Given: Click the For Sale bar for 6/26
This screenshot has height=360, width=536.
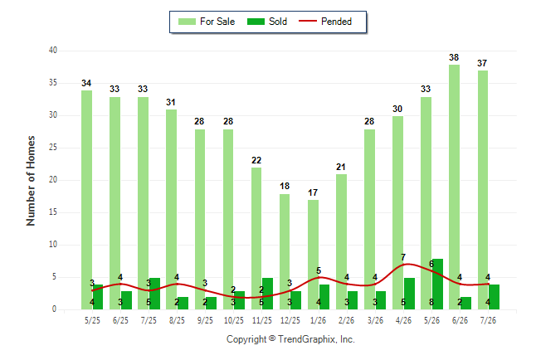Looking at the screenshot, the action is pos(454,187).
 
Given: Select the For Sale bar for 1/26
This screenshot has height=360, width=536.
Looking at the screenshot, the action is pos(313,255).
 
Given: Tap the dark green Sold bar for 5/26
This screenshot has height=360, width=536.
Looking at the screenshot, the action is pos(437,285).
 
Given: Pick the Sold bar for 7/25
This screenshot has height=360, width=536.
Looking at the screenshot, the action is pos(154,294).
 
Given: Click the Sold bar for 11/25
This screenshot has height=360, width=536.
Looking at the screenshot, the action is pos(267,294).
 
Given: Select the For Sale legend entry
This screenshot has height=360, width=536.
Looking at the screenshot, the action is pos(207,22).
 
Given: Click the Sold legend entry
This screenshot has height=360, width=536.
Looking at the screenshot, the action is pos(267,22).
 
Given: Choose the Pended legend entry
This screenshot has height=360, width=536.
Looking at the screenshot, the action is pos(325,22).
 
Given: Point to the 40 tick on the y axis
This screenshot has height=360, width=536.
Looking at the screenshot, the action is pos(52,51).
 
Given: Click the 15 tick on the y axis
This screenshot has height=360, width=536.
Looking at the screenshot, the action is pos(52,212).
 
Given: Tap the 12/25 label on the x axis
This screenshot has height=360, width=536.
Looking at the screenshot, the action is pos(290,320).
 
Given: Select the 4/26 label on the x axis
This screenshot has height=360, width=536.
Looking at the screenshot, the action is pos(403,320).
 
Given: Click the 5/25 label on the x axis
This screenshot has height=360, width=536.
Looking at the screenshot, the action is pos(92,320).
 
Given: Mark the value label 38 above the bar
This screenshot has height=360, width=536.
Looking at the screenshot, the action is pos(454,57).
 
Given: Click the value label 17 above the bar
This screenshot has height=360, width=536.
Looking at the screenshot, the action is pos(313,192).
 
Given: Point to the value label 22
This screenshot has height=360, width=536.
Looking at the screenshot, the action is pos(256,160).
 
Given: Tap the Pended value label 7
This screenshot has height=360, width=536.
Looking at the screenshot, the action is pos(403,257).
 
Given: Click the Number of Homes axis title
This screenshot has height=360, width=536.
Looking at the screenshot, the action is pos(31,181).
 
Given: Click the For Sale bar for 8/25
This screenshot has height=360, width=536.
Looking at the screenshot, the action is pos(171,210).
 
